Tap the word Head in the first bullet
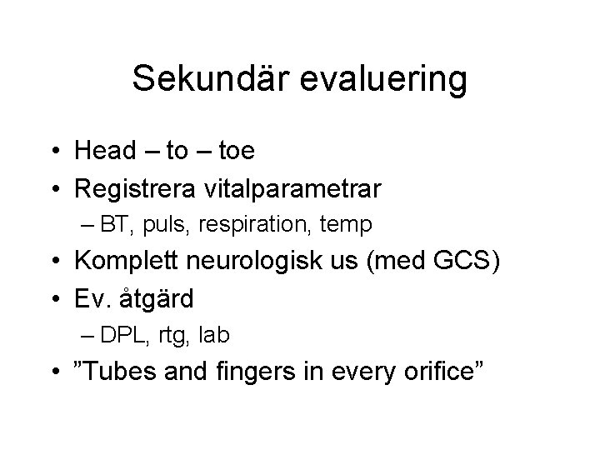(x=105, y=151)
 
